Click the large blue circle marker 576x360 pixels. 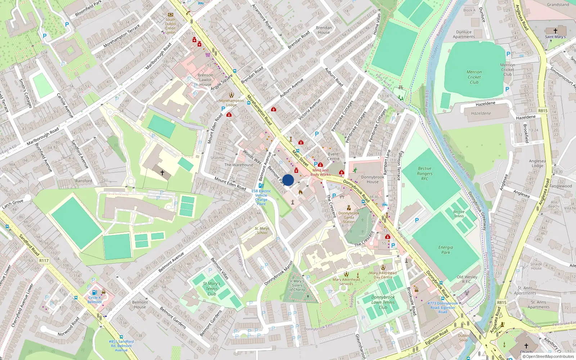pos(288,180)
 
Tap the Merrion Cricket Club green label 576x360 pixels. pos(474,77)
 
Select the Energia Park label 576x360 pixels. pos(446,250)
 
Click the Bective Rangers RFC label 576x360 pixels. pos(425,173)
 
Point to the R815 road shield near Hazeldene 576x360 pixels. pos(543,111)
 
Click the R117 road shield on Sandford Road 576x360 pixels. pos(44,260)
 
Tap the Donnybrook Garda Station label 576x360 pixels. pos(348,217)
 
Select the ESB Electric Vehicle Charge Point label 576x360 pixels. pos(261,197)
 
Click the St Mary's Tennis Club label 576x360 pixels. pos(212,289)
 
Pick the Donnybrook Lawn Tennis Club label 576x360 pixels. pos(383,302)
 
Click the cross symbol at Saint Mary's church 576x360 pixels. pos(555,31)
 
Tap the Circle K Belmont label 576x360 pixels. pos(95,300)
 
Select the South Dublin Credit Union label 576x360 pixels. pos(171,26)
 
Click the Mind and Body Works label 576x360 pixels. pos(320,172)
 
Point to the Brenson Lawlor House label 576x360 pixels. pos(205,80)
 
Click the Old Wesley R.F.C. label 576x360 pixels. pos(467,279)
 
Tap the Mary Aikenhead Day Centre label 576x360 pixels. pos(383,275)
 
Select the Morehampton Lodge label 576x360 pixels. pos(231,103)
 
